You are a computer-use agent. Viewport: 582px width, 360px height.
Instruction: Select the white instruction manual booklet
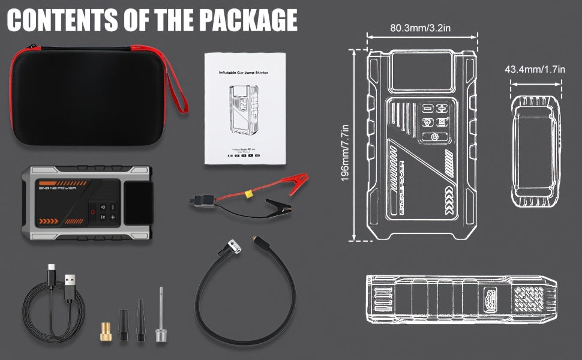click(243, 107)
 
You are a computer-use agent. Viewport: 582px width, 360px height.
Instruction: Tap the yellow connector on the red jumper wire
click(247, 194)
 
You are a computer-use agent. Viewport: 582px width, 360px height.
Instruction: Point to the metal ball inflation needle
click(160, 318)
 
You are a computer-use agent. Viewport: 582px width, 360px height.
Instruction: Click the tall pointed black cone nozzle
click(140, 322)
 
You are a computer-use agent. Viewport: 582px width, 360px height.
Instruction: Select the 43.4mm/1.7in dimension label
click(535, 70)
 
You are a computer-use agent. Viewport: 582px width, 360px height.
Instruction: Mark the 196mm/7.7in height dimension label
click(346, 154)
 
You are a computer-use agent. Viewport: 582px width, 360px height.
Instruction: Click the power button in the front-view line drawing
click(434, 137)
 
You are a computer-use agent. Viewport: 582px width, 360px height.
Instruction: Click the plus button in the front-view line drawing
click(442, 109)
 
